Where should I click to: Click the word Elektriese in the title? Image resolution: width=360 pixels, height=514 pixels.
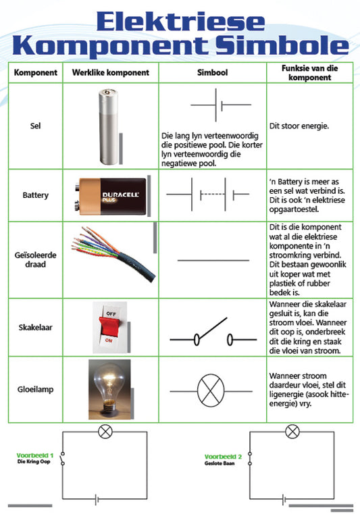(x=180, y=21)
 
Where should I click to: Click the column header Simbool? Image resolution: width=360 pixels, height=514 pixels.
(x=213, y=72)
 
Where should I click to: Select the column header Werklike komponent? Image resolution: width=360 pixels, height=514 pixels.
(x=111, y=72)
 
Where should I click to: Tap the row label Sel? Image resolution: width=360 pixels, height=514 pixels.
(x=36, y=126)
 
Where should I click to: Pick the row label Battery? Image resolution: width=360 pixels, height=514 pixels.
(x=36, y=195)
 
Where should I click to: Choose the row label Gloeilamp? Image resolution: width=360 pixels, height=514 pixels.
(x=36, y=389)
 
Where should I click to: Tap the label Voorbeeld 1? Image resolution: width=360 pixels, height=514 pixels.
(x=34, y=456)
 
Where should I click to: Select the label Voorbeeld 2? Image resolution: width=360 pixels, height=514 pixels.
(x=223, y=457)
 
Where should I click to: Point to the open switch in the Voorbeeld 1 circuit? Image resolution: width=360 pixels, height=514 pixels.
(x=63, y=459)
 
